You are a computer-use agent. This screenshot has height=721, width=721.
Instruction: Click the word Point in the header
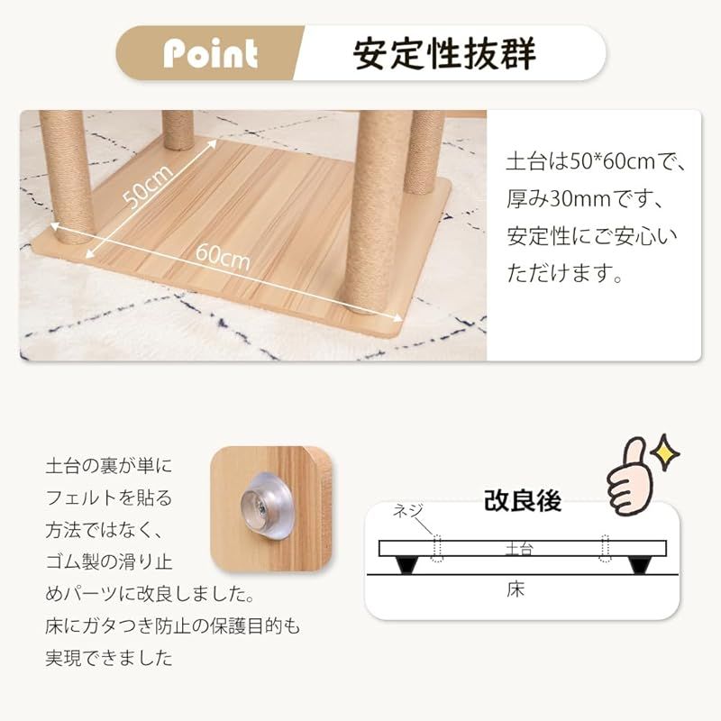(x=210, y=53)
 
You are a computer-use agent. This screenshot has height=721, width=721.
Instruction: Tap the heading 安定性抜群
(x=444, y=53)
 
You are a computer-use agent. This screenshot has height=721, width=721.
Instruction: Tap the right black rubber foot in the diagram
(x=641, y=565)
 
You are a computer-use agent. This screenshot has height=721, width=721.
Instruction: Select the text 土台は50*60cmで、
(x=596, y=162)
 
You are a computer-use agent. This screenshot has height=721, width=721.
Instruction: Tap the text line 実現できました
(x=109, y=658)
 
